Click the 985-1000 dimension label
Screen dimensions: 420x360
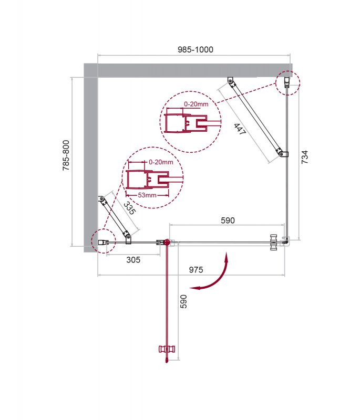tap(195, 49)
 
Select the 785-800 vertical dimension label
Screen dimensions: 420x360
tap(66, 156)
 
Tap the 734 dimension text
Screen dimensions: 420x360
tap(305, 159)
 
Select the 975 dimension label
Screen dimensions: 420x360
tap(196, 270)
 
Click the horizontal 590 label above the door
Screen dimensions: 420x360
tap(227, 220)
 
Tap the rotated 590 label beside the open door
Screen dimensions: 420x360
tap(184, 302)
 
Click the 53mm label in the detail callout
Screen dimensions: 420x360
tap(147, 195)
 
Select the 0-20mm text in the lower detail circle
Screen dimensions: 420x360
tap(161, 162)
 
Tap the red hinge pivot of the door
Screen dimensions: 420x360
tap(167, 242)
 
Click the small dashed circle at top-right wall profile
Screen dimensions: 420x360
tap(287, 82)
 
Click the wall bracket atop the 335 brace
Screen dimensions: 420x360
tap(101, 199)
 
